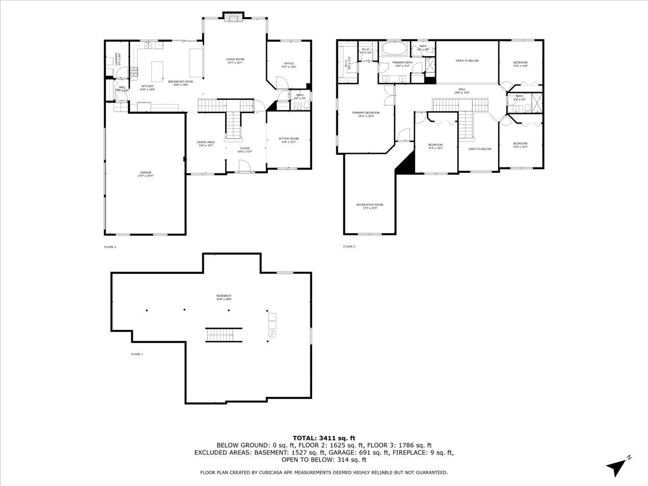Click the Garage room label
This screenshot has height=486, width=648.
tap(146, 173)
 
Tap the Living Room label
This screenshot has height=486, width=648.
tap(235, 59)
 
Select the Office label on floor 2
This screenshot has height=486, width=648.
tap(289, 64)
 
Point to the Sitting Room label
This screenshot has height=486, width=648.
tap(288, 139)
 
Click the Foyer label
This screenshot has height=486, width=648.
tap(245, 148)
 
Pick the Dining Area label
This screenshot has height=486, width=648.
tap(206, 143)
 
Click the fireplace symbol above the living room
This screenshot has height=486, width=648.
tap(234, 18)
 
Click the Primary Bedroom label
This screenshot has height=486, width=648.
tap(366, 113)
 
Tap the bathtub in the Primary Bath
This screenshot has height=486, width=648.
tap(393, 49)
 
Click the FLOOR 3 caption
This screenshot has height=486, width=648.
tap(349, 247)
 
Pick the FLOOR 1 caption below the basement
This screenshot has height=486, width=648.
tap(137, 354)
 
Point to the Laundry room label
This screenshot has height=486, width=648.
tap(117, 58)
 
